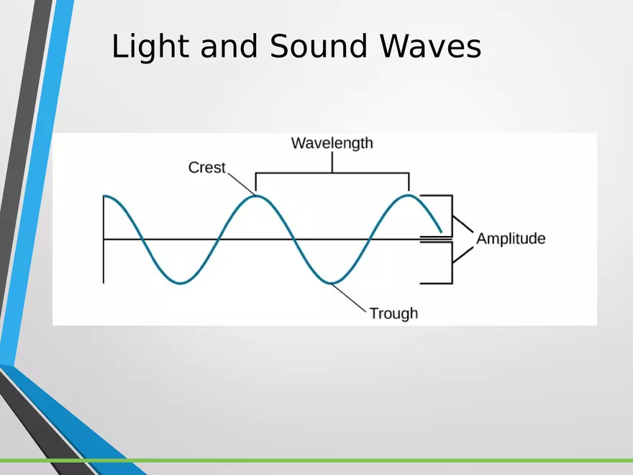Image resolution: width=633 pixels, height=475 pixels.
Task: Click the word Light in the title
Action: [x=150, y=47]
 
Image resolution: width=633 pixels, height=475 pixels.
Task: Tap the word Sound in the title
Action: [x=319, y=45]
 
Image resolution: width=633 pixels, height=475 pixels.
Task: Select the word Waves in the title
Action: [x=430, y=45]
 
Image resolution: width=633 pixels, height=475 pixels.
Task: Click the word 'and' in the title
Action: [x=229, y=45]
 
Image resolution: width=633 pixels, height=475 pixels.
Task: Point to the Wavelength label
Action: [x=332, y=144]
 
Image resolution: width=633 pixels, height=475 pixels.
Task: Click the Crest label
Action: [x=206, y=168]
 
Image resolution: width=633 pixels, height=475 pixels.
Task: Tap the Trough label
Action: [x=393, y=314]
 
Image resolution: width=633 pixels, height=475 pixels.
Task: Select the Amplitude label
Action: [x=511, y=239]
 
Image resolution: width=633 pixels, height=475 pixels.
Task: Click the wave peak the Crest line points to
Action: [x=256, y=196]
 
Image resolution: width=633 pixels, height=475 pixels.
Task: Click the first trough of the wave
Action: [x=181, y=282]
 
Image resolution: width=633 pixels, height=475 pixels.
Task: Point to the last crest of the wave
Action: [x=409, y=196]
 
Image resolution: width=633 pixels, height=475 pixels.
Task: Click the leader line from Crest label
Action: [x=242, y=184]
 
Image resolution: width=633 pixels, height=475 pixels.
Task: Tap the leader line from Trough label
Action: [x=349, y=298]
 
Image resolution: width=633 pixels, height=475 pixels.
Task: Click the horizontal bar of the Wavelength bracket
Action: [x=332, y=173]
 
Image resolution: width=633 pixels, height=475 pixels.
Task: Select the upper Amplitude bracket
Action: [x=452, y=216]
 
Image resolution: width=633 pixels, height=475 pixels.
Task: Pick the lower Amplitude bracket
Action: [x=452, y=263]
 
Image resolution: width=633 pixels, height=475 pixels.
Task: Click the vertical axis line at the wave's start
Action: [x=104, y=240]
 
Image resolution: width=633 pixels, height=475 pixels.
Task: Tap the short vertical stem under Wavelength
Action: [x=332, y=163]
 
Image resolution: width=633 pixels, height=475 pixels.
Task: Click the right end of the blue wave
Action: [x=441, y=232]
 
